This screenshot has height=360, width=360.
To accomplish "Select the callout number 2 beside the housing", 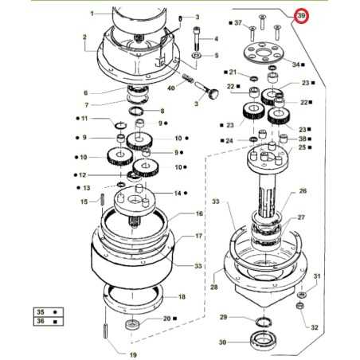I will [84, 37].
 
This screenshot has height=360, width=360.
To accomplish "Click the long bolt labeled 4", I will [196, 34].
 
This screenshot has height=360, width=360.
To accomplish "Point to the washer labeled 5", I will [195, 56].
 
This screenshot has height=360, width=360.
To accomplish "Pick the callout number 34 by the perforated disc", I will [295, 64].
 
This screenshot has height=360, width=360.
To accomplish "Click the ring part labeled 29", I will [260, 321].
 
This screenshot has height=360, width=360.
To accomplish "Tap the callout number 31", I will [316, 276].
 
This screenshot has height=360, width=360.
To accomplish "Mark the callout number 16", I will [199, 214].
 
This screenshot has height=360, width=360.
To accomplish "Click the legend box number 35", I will [39, 311].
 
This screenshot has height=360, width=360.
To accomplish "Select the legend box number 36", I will [39, 323].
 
